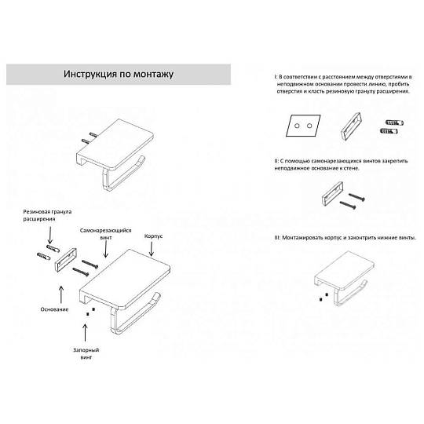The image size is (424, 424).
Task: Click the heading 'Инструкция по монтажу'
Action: (x=119, y=74)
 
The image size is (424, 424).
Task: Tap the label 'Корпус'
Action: (x=153, y=236)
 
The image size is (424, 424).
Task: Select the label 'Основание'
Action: (x=54, y=309)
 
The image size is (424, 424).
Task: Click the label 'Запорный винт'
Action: (x=86, y=353)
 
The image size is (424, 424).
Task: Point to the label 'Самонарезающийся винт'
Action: (x=105, y=234)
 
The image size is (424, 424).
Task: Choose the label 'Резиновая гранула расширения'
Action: (x=47, y=215)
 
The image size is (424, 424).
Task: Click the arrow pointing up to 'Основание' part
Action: (x=61, y=294)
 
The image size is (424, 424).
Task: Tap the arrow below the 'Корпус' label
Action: (x=152, y=249)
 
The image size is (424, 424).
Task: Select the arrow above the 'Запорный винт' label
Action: (x=85, y=333)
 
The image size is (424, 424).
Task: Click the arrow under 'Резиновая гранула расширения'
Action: (x=49, y=236)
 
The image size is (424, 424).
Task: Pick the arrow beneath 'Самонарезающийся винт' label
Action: (x=106, y=249)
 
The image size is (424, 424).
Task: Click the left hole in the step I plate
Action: (x=297, y=126)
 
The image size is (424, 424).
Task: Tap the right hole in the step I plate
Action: (x=309, y=126)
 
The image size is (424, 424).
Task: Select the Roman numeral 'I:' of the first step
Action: (x=276, y=77)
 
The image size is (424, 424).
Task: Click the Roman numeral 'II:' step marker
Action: (x=276, y=161)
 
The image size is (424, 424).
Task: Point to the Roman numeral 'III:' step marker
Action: (x=277, y=238)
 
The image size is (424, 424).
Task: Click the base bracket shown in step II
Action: (x=333, y=194)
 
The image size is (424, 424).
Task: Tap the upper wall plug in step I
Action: (x=394, y=123)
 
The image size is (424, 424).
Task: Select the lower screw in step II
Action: (x=348, y=205)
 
